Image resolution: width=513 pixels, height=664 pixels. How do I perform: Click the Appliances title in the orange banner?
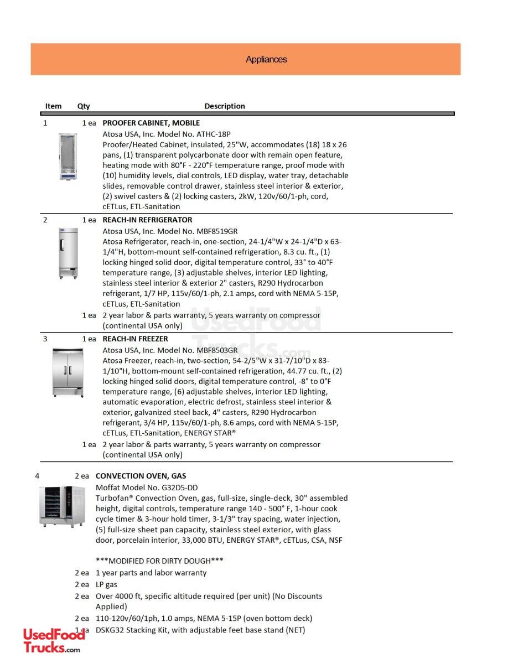coord(266,60)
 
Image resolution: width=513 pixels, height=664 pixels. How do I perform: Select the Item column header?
coord(53,106)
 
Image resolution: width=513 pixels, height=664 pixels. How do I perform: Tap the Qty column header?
coord(84,106)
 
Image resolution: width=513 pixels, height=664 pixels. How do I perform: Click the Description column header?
coord(225,106)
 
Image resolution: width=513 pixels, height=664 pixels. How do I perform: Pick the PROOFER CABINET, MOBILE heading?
coord(151,123)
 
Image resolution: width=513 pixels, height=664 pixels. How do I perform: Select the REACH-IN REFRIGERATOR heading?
coord(147,220)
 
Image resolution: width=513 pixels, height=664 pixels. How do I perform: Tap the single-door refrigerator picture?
coord(69,253)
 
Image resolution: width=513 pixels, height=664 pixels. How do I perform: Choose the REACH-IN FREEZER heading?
coord(135,339)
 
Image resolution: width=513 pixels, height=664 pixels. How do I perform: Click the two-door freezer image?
coord(68,372)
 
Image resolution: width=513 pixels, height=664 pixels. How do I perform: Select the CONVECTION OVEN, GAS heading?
coord(141,476)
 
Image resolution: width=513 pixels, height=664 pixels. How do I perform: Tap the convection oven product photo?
coord(63,506)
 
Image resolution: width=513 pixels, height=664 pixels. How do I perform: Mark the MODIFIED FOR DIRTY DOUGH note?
coord(159,561)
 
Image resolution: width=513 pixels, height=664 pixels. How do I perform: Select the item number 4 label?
coord(37,476)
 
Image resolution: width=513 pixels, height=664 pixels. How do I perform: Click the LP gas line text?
coord(106,584)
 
